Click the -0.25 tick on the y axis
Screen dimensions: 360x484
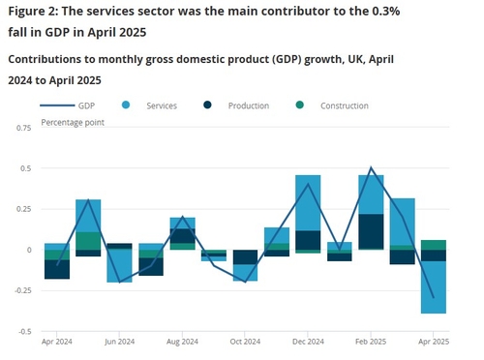[x=21, y=290]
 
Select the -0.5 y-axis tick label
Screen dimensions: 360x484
[x=24, y=331]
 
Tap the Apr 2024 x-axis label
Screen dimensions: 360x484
[x=56, y=342]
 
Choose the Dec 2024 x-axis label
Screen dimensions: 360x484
[x=308, y=342]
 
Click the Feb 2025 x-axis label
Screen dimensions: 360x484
[x=371, y=342]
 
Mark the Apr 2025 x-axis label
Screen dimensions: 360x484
[x=433, y=342]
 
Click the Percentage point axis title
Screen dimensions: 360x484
[x=74, y=124]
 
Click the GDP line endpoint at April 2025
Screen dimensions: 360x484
[x=433, y=297]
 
